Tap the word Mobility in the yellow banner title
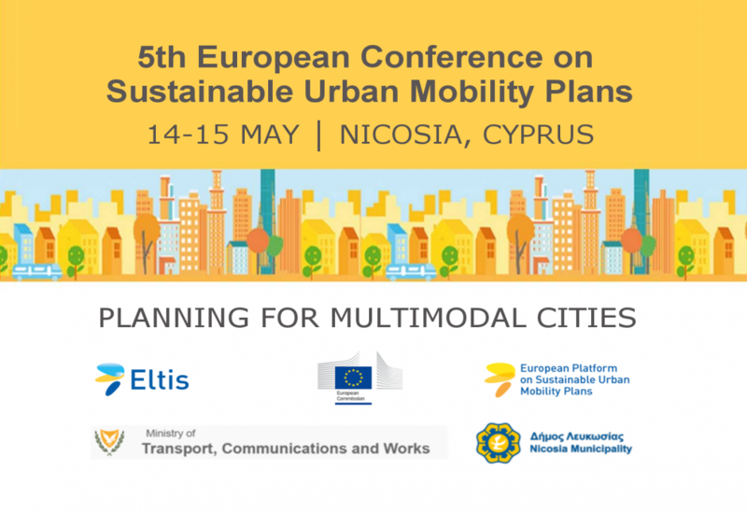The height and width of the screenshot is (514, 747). pos(472,92)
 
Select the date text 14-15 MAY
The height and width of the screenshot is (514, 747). pos(223,134)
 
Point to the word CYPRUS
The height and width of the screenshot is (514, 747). pos(539,134)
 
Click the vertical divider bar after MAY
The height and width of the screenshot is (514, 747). pos(318,136)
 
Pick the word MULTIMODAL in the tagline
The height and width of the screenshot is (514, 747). pos(429,318)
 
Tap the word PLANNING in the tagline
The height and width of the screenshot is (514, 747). pos(174,318)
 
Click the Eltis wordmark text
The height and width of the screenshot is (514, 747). pos(160,380)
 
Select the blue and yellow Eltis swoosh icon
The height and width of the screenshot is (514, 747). pos(110,379)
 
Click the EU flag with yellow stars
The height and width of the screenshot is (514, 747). pos(353,378)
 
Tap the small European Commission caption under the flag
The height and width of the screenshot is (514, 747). pos(350,395)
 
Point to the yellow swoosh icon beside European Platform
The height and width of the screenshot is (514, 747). pos(500,379)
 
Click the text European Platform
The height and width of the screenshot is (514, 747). pos(569,368)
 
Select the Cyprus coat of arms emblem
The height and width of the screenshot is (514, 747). pos(109,442)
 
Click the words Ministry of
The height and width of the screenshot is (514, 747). pos(171,434)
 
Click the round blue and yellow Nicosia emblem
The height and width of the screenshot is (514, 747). pos(499,443)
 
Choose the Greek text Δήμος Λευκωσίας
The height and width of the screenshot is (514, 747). pos(577,436)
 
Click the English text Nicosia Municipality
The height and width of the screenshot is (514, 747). pos(581,450)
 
